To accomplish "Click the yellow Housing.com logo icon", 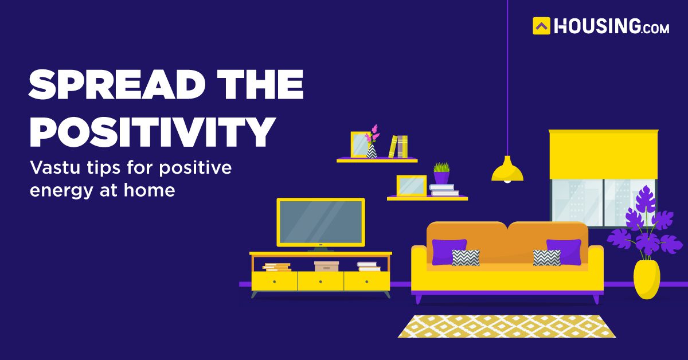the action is click(541, 26).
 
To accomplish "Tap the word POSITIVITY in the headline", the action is click(152, 132).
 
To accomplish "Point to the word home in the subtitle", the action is click(150, 190).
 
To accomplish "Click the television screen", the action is click(321, 222).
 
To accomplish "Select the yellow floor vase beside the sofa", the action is click(647, 279).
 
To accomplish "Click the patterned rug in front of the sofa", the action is click(507, 326).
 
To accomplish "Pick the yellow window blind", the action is click(604, 154).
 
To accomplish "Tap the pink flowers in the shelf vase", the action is click(373, 134).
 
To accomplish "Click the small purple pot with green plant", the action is click(441, 173).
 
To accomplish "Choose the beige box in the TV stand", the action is click(326, 267).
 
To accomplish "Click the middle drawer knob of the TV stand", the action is click(320, 281).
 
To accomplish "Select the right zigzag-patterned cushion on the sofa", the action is click(547, 258).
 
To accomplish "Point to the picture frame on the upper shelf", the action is click(360, 144).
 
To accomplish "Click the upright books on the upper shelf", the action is click(398, 147).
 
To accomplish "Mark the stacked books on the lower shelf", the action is click(444, 190).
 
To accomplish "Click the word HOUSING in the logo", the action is click(597, 26).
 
